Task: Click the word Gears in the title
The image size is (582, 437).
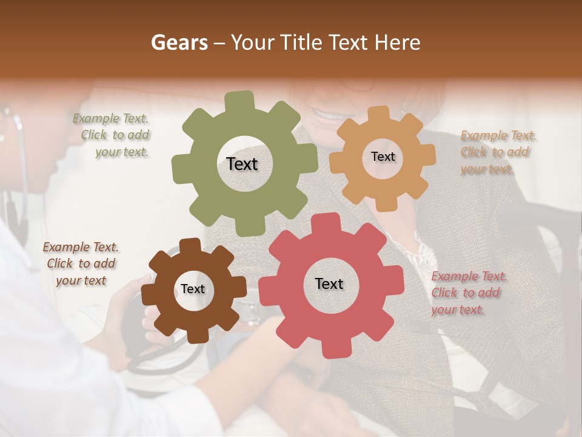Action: [x=179, y=42]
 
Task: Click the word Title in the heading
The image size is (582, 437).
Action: [x=300, y=42]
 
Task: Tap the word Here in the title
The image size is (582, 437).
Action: [x=398, y=42]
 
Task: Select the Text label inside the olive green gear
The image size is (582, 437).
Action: [x=242, y=164]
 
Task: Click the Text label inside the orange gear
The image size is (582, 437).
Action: [x=383, y=157]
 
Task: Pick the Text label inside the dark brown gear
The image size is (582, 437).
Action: [x=193, y=289]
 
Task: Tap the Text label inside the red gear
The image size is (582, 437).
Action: [x=329, y=283]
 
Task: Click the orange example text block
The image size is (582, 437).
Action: [x=496, y=152]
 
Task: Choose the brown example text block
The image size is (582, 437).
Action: [x=81, y=263]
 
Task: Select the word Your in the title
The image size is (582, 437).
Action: [x=253, y=42]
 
